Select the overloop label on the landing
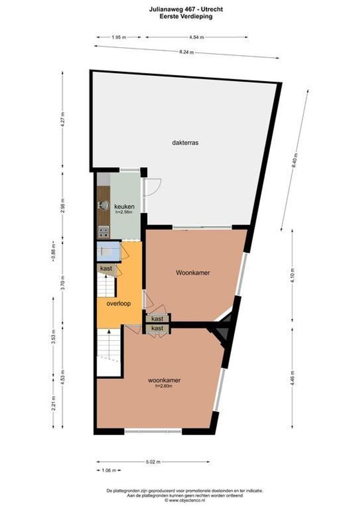point(118,304)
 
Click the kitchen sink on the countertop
point(103,205)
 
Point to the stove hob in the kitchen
point(103,231)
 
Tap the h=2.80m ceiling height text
point(164,386)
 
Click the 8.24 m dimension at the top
point(187,52)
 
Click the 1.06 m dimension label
point(108,470)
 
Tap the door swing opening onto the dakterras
point(153,188)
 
